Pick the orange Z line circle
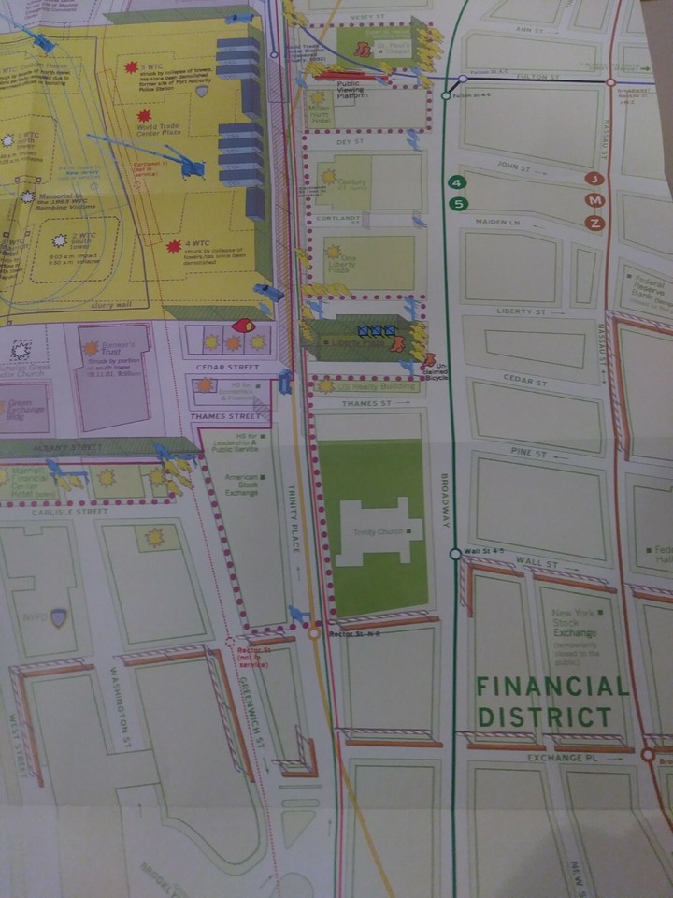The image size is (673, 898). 593,223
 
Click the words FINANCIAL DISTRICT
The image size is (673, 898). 552,702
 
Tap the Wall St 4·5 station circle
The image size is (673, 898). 455,554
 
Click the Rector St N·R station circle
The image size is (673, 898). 314,633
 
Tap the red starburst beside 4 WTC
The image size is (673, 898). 174,247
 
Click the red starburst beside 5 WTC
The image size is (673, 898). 131,66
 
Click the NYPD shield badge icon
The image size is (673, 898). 59,617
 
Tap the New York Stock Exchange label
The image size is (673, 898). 574,622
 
